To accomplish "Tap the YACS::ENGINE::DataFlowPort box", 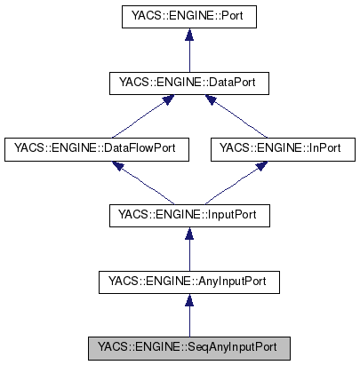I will coord(97,149).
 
